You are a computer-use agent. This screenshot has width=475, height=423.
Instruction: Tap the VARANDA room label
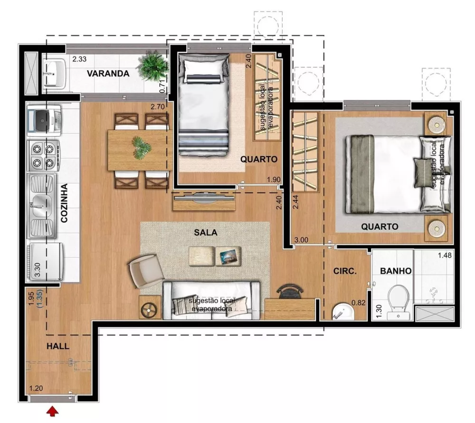(x=108, y=74)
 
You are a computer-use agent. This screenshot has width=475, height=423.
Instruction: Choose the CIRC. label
(x=345, y=272)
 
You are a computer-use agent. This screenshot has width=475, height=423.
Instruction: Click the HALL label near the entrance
(x=57, y=346)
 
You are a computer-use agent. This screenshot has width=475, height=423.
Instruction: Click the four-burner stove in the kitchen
(x=44, y=155)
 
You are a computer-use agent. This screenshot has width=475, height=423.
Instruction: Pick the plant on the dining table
(x=141, y=148)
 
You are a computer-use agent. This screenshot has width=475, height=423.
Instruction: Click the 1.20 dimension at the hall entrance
(x=36, y=388)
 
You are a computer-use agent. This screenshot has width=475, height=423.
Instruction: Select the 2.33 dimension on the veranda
(x=79, y=60)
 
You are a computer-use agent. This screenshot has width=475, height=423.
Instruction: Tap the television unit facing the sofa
(x=204, y=201)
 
